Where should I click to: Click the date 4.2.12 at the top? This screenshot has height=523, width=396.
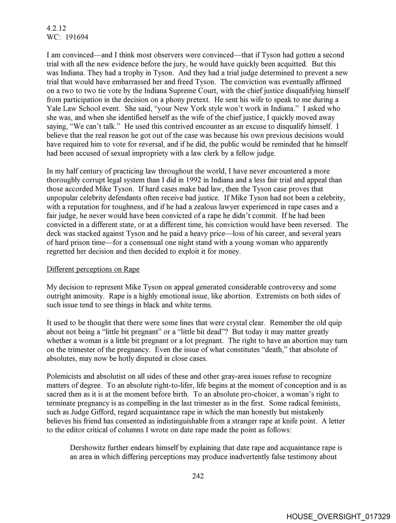(x=56, y=28)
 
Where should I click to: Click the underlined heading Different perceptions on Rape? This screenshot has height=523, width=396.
(x=93, y=269)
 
